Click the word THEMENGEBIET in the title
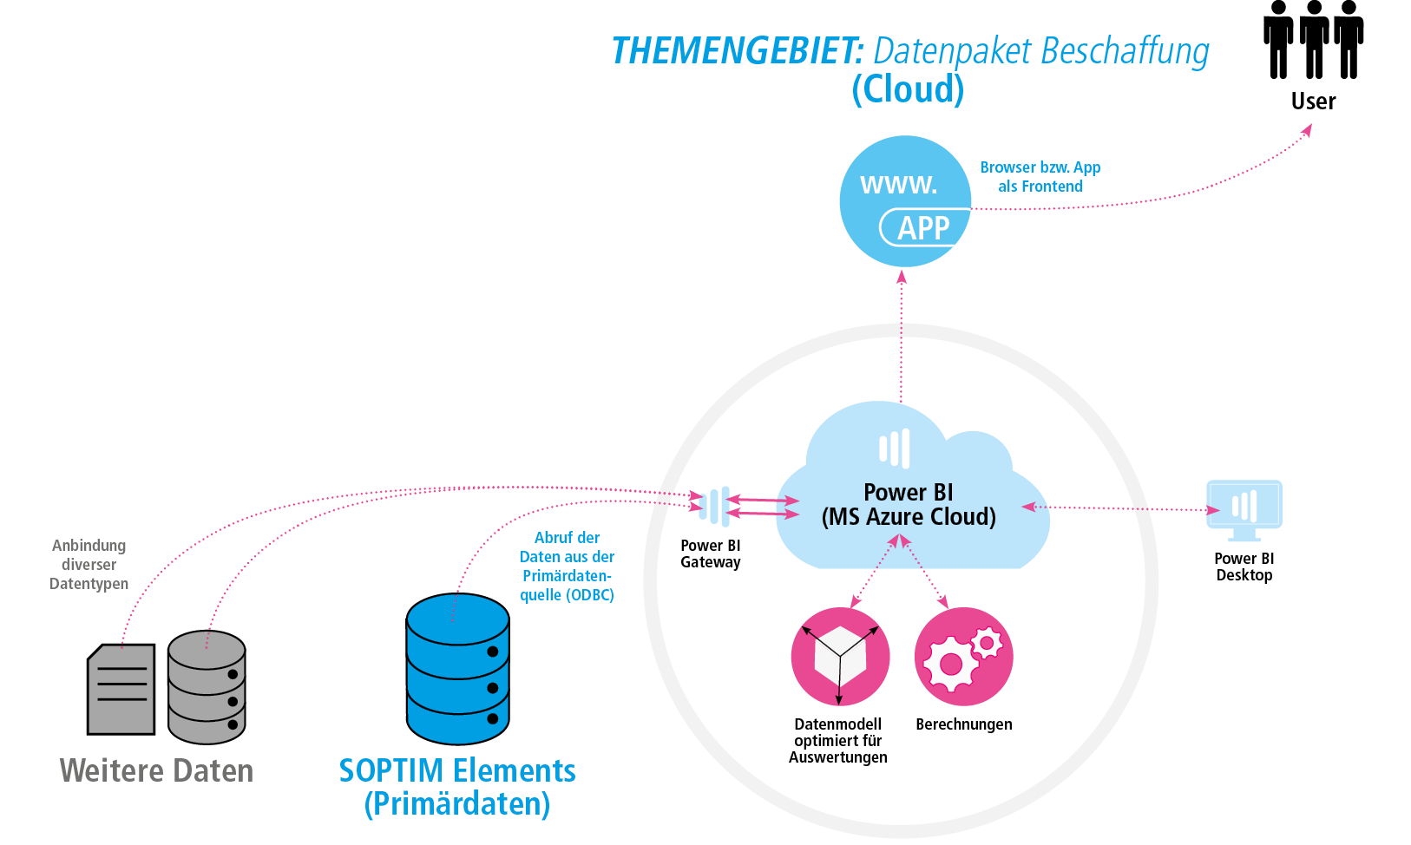click(738, 51)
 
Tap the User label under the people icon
click(1313, 102)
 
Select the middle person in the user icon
click(1314, 40)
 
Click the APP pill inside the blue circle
click(924, 228)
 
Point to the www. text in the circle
click(898, 185)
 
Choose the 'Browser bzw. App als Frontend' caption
click(1040, 177)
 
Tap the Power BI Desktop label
click(1244, 567)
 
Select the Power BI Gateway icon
click(714, 506)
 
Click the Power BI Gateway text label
click(710, 554)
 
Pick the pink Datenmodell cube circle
click(840, 657)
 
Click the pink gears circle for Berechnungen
click(963, 657)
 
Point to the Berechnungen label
click(963, 724)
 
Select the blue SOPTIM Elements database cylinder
click(457, 669)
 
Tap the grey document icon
click(121, 690)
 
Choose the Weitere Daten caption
click(156, 770)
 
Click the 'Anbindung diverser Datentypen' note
click(89, 565)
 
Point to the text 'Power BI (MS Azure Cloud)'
click(909, 505)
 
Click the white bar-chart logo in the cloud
click(895, 449)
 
